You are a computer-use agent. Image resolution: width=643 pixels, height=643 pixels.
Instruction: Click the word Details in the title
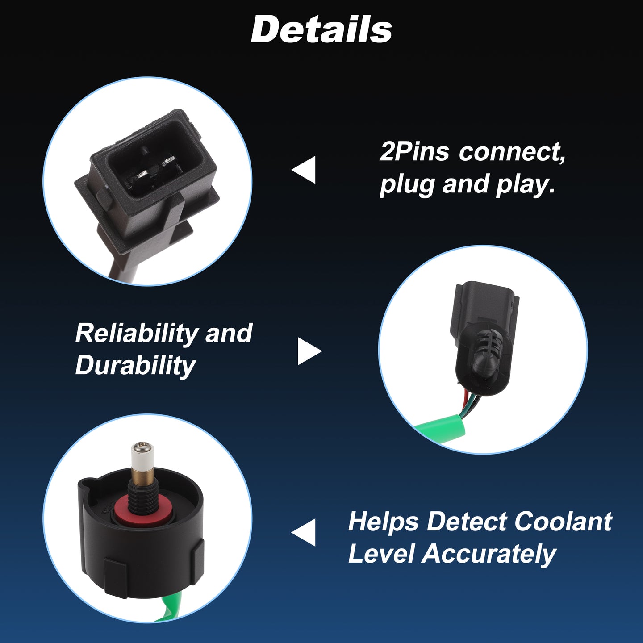(x=321, y=30)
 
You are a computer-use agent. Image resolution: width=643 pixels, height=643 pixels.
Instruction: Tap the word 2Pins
(x=414, y=152)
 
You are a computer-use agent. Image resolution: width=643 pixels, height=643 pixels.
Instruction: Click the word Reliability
(x=137, y=334)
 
